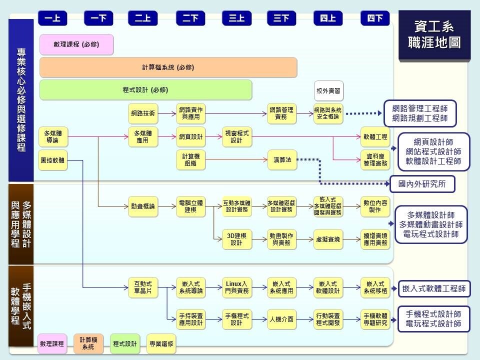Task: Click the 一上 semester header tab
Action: [52, 18]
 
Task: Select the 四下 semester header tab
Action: [375, 18]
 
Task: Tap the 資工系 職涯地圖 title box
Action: [434, 34]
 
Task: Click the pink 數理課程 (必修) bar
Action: [76, 44]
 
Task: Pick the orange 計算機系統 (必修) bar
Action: [168, 67]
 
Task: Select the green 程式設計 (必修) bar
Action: [145, 90]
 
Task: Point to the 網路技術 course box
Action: [142, 113]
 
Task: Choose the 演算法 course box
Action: [282, 160]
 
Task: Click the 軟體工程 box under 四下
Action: [375, 136]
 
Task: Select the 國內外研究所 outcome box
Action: [422, 184]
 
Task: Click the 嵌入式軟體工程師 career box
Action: [433, 288]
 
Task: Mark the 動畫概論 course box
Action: [142, 206]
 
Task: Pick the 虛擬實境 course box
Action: [328, 240]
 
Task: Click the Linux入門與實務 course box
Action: [237, 287]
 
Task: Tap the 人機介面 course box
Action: [282, 319]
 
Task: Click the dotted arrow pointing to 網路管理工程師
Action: [363, 113]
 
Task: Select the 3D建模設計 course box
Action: [237, 240]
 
